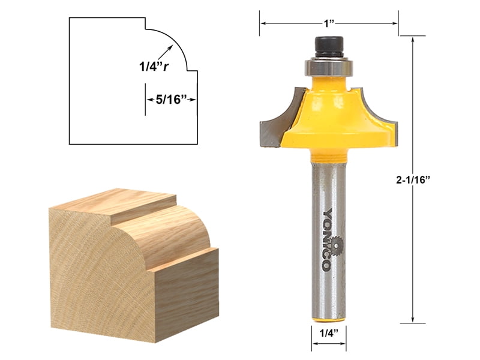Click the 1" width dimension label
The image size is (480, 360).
point(328,23)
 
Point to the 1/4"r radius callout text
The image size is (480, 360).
point(150,67)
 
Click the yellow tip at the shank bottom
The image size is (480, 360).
point(328,314)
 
